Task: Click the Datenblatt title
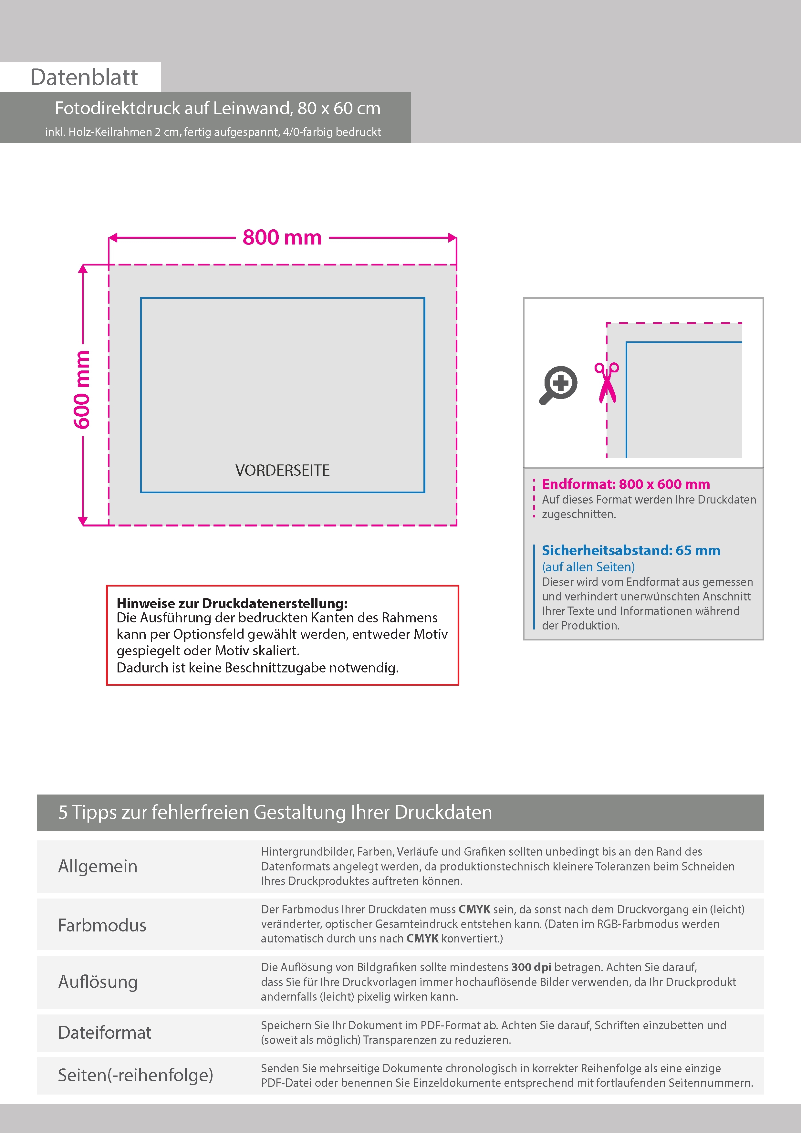coord(84,78)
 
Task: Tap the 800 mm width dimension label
coord(282,237)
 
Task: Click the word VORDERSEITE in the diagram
coord(282,470)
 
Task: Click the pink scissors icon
coord(607,382)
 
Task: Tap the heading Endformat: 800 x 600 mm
coord(626,484)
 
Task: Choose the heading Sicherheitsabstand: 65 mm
coord(631,550)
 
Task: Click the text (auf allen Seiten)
coord(588,567)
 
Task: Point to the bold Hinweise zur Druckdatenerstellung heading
coord(232,603)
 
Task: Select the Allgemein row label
coord(98,866)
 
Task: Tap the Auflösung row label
coord(98,982)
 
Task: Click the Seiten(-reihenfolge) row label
coord(135,1075)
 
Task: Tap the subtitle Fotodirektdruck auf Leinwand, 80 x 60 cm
coord(218,108)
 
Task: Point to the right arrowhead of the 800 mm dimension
coord(452,238)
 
